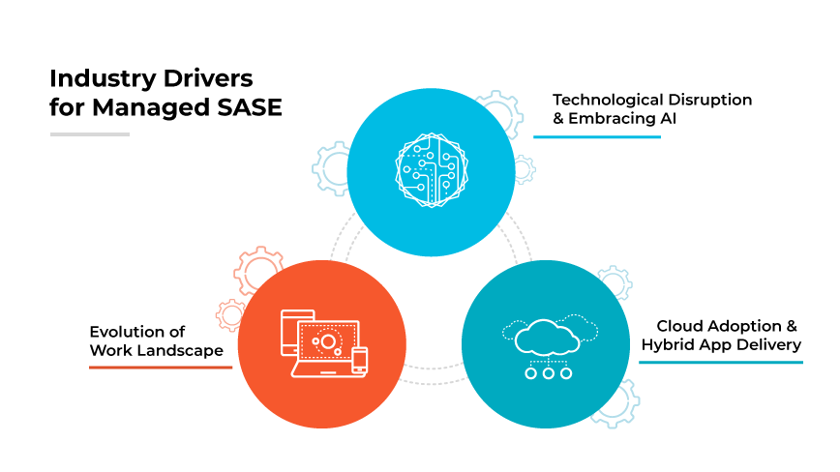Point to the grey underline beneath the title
pyautogui.click(x=89, y=133)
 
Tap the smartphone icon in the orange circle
pyautogui.click(x=360, y=360)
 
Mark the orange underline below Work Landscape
pyautogui.click(x=161, y=368)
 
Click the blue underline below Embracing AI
pyautogui.click(x=597, y=136)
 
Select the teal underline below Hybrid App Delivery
pyautogui.click(x=720, y=362)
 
